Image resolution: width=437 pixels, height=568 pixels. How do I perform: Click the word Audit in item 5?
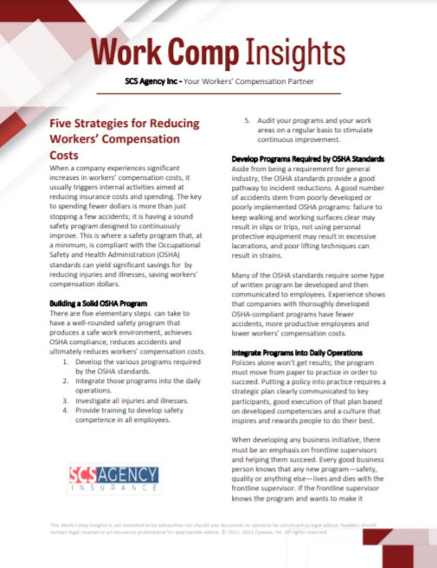pos(268,120)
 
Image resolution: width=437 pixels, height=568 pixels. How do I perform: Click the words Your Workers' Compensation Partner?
pos(256,84)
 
